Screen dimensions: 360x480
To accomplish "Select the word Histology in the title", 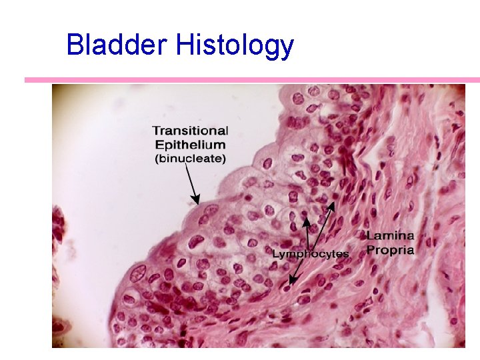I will coord(235,45).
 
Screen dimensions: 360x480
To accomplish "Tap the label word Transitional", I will coord(190,131).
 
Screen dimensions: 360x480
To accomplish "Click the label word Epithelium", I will coord(190,145).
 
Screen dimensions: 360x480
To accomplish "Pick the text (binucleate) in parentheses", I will coord(190,159).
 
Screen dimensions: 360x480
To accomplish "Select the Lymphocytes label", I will coord(310,254).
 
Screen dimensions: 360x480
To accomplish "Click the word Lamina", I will coord(390,235).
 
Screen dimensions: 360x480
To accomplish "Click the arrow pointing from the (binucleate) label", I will coord(191,184).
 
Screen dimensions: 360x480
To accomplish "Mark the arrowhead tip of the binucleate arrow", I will coord(197,203).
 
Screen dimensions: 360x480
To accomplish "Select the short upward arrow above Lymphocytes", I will coord(307,233).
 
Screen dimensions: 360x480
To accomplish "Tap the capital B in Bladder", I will coord(74,45).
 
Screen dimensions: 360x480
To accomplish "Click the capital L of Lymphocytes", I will coord(275,254).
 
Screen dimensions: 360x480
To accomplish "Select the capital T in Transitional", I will coord(156,131).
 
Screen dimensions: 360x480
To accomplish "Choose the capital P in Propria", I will coord(370,250).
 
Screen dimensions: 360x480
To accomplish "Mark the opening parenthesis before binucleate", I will coord(157,159).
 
